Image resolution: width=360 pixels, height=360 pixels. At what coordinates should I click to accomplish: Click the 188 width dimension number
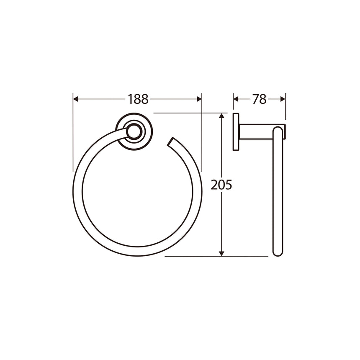click(138, 99)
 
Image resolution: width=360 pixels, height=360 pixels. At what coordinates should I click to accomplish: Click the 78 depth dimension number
click(259, 99)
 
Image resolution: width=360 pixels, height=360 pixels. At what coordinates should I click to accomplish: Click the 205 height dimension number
click(221, 184)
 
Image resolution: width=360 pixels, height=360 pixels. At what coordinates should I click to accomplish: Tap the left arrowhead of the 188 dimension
click(76, 99)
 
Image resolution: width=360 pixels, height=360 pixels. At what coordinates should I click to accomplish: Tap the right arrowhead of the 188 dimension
click(199, 99)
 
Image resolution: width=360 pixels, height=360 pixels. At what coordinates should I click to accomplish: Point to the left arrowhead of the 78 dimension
click(236, 99)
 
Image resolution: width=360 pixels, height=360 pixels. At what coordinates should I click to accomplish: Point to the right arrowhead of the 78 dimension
click(283, 99)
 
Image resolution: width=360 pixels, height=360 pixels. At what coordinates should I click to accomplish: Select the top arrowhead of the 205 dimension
click(222, 116)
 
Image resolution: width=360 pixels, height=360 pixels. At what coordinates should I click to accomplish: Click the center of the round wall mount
click(134, 131)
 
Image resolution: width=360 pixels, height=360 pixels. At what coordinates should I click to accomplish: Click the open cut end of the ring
click(171, 142)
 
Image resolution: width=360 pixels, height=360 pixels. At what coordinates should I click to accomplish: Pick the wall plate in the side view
click(236, 131)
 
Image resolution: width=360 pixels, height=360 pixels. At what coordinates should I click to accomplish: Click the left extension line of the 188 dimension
click(73, 134)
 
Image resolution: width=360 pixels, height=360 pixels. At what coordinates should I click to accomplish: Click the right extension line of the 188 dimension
click(202, 134)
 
